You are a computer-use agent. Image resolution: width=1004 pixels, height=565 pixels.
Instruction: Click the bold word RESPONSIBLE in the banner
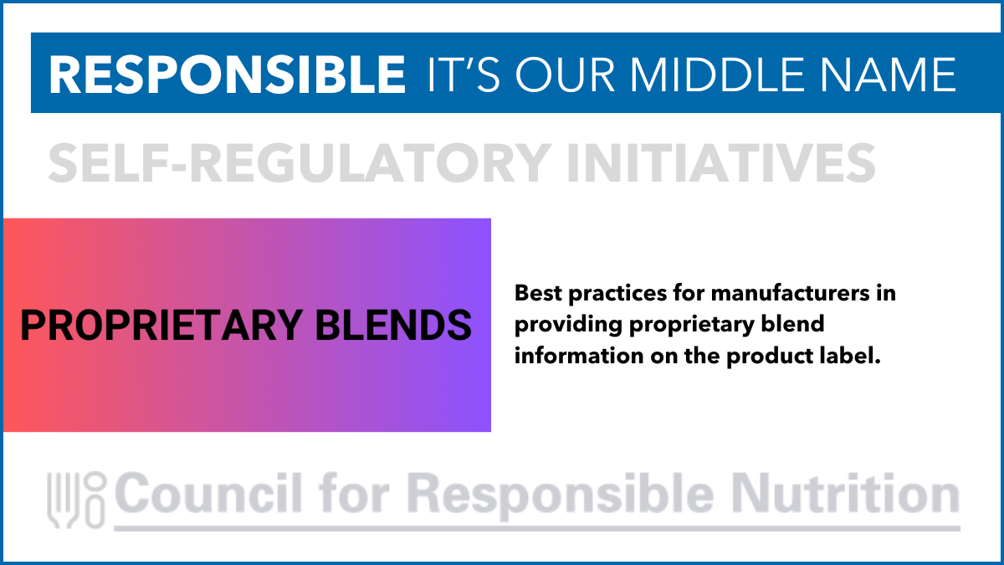227,74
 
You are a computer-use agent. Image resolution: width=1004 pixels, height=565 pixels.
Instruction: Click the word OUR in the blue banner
565,74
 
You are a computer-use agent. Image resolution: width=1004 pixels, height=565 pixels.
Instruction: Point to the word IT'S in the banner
464,74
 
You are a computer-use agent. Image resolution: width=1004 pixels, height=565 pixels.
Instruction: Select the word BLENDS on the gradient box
393,325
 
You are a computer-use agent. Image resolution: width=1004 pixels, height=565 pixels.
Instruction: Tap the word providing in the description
568,325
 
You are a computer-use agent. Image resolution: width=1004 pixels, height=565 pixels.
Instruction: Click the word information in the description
579,356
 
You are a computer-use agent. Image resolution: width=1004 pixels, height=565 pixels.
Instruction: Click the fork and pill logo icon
77,500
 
